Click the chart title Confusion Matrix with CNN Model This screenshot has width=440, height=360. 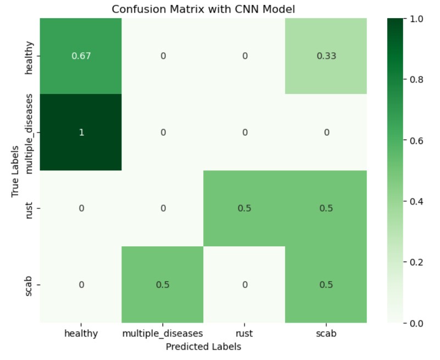pyautogui.click(x=203, y=9)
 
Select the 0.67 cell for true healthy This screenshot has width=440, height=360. pyautogui.click(x=81, y=56)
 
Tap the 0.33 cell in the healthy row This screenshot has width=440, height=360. pyautogui.click(x=326, y=56)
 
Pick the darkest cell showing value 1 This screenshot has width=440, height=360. pyautogui.click(x=81, y=132)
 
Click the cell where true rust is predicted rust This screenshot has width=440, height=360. pyautogui.click(x=244, y=208)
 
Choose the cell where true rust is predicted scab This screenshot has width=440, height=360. pyautogui.click(x=326, y=208)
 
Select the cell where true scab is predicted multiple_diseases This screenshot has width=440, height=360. pyautogui.click(x=163, y=284)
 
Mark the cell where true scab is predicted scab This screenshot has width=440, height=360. pyautogui.click(x=326, y=284)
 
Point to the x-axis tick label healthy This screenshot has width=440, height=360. pyautogui.click(x=81, y=333)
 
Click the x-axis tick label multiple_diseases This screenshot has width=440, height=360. pyautogui.click(x=163, y=333)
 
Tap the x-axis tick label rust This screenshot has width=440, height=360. pyautogui.click(x=244, y=333)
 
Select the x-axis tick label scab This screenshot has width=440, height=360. pyautogui.click(x=326, y=333)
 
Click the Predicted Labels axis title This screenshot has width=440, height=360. pyautogui.click(x=203, y=347)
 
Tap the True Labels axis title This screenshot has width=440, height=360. pyautogui.click(x=15, y=170)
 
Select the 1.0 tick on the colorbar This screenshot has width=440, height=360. pyautogui.click(x=418, y=19)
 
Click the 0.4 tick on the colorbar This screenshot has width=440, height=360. pyautogui.click(x=418, y=202)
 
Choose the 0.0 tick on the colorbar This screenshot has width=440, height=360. pyautogui.click(x=418, y=323)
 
